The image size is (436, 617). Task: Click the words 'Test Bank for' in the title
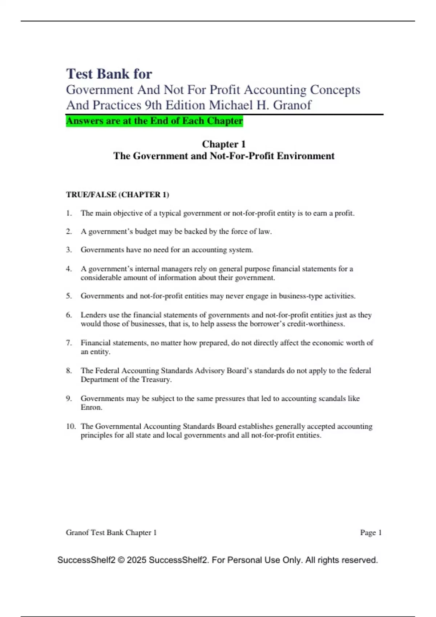pyautogui.click(x=109, y=74)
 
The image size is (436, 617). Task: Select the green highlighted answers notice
pyautogui.click(x=154, y=121)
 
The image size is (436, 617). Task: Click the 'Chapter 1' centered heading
pyautogui.click(x=224, y=144)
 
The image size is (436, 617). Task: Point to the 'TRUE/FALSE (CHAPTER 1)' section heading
pyautogui.click(x=117, y=195)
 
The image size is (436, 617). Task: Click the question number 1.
pyautogui.click(x=69, y=213)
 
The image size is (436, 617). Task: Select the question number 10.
pyautogui.click(x=70, y=426)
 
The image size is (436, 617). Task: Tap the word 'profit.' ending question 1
pyautogui.click(x=344, y=213)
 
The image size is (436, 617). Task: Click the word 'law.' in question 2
pyautogui.click(x=265, y=232)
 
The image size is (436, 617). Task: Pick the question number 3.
pyautogui.click(x=69, y=250)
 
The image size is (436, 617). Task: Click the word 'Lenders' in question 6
pyautogui.click(x=93, y=315)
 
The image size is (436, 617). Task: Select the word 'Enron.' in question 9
pyautogui.click(x=92, y=408)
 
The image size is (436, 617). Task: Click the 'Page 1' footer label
pyautogui.click(x=371, y=532)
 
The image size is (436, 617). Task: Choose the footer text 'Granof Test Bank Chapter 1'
pyautogui.click(x=111, y=532)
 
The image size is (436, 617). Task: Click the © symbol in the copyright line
pyautogui.click(x=121, y=560)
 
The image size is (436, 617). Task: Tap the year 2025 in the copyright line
pyautogui.click(x=137, y=560)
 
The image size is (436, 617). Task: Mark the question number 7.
pyautogui.click(x=69, y=343)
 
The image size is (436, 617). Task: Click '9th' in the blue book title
pyautogui.click(x=153, y=105)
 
